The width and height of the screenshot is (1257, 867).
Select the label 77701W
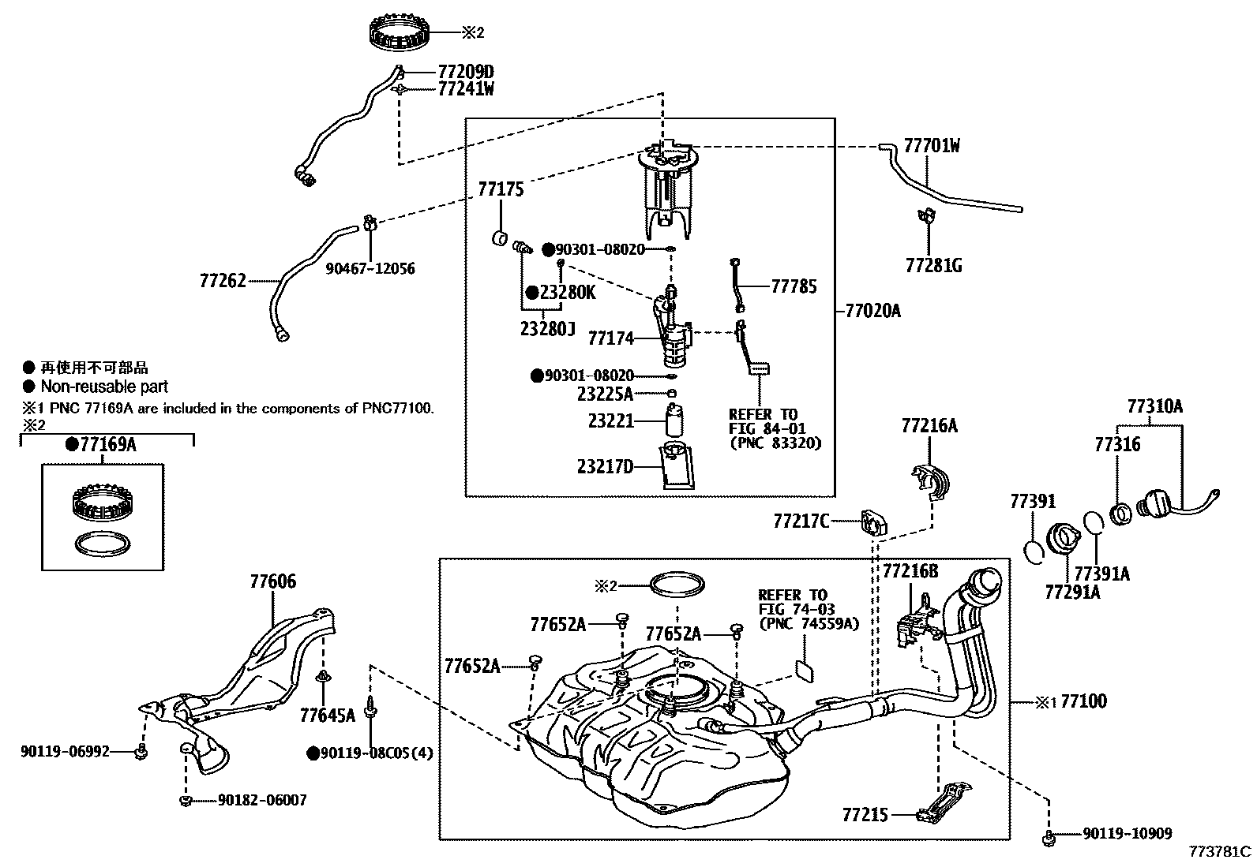pos(932,146)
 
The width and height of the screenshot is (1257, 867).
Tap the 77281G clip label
pos(933,265)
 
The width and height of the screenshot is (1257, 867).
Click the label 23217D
pos(605,466)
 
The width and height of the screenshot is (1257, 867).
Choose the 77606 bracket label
pos(273,581)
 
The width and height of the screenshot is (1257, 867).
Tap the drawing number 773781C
pos(1221,852)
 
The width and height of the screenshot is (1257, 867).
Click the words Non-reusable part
pos(104,387)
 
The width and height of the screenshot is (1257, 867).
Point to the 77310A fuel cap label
pos(1154,406)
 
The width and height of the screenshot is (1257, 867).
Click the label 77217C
pos(801,521)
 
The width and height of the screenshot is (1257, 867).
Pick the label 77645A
pos(327,716)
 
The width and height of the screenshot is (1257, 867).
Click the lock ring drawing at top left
pos(403,32)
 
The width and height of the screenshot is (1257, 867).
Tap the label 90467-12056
pos(370,269)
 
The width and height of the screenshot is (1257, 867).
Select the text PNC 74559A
pos(808,623)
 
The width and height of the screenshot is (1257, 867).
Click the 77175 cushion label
pos(500,189)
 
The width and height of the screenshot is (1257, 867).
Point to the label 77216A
pos(929,426)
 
